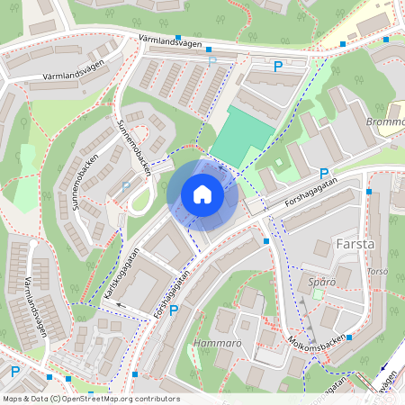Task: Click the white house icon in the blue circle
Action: (x=202, y=194)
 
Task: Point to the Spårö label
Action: (x=321, y=282)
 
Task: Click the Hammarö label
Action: (x=215, y=344)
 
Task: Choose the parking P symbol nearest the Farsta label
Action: (x=324, y=173)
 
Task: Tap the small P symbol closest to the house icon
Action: (x=126, y=186)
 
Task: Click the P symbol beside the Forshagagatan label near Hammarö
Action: (x=174, y=310)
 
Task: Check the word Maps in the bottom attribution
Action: (x=13, y=399)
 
